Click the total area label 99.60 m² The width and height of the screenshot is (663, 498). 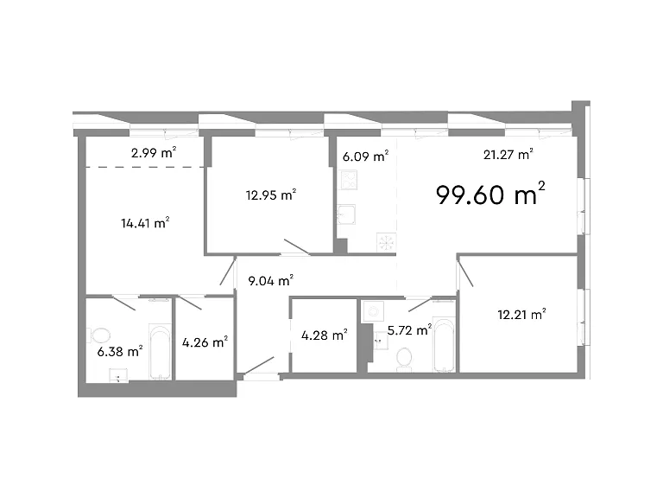click(490, 194)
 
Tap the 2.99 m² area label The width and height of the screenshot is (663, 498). click(154, 152)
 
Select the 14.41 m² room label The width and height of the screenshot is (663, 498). click(145, 222)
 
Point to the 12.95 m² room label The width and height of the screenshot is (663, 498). click(271, 195)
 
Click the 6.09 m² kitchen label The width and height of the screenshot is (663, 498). click(365, 156)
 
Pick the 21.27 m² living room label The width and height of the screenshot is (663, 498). click(508, 154)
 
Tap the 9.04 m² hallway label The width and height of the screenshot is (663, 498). click(270, 280)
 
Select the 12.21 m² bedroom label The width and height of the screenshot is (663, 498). click(521, 314)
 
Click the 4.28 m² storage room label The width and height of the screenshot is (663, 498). click(325, 335)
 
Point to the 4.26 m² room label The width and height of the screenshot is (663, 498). click(205, 342)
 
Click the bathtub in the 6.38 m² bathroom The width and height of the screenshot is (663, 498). click(161, 352)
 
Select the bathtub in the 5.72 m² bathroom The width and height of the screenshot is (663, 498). click(444, 345)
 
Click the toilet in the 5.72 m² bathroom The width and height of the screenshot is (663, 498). click(404, 360)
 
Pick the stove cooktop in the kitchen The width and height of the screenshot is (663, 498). click(349, 180)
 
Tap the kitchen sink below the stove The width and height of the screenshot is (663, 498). click(346, 214)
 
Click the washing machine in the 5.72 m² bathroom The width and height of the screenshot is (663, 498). click(373, 311)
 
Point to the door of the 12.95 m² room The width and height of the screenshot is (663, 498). click(297, 247)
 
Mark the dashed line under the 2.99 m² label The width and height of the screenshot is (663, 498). click(146, 167)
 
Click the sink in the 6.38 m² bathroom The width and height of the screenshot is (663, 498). click(119, 375)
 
